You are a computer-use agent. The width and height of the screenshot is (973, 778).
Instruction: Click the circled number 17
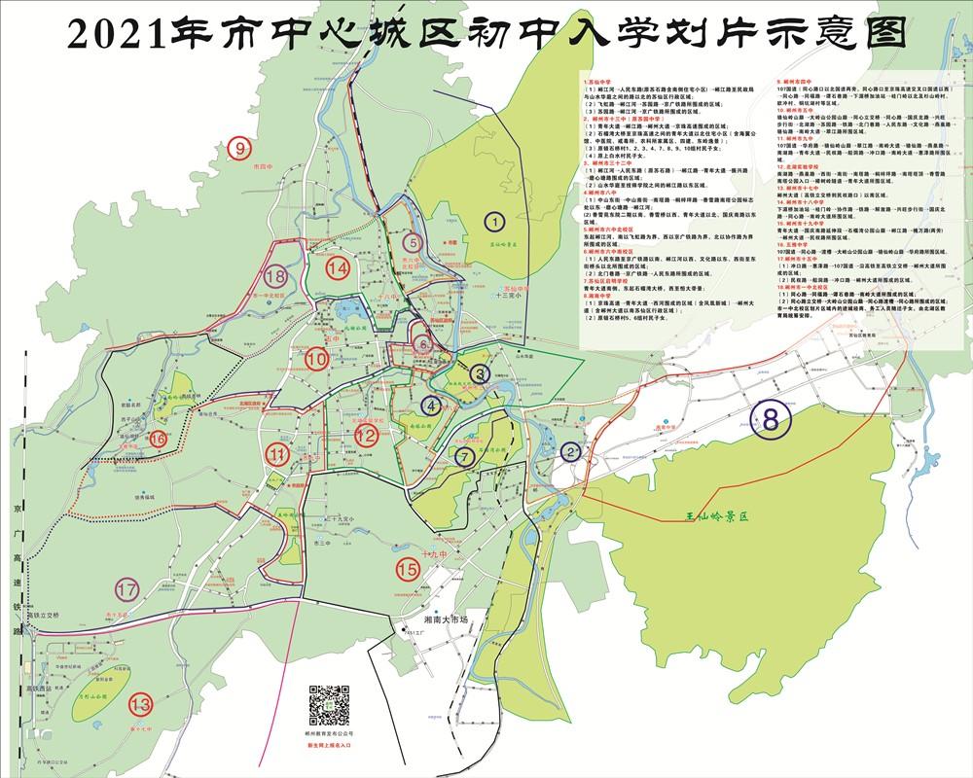126,590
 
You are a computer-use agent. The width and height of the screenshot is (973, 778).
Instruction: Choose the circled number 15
408,569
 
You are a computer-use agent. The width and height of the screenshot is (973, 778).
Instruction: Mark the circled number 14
339,268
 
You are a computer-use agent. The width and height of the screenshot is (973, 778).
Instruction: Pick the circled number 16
159,439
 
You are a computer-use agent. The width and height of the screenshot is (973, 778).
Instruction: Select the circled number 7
466,455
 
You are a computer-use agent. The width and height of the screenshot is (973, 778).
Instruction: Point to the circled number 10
315,359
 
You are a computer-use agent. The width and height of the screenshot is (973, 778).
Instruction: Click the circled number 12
366,437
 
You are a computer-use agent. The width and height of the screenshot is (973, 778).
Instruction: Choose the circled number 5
414,243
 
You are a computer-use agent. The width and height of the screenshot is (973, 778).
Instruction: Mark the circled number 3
478,372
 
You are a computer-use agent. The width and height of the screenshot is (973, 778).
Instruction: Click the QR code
330,705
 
